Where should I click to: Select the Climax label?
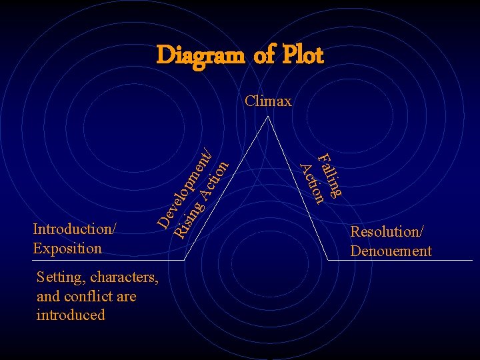pos(268,101)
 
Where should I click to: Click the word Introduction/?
pos(74,229)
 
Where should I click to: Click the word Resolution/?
pos(387,232)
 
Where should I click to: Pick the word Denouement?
pos(391,251)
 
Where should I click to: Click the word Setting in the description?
pos(61,277)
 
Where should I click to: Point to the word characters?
pos(124,277)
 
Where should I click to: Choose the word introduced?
pos(71,315)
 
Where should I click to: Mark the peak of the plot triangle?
pos(268,117)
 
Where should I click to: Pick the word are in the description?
pos(125,296)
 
